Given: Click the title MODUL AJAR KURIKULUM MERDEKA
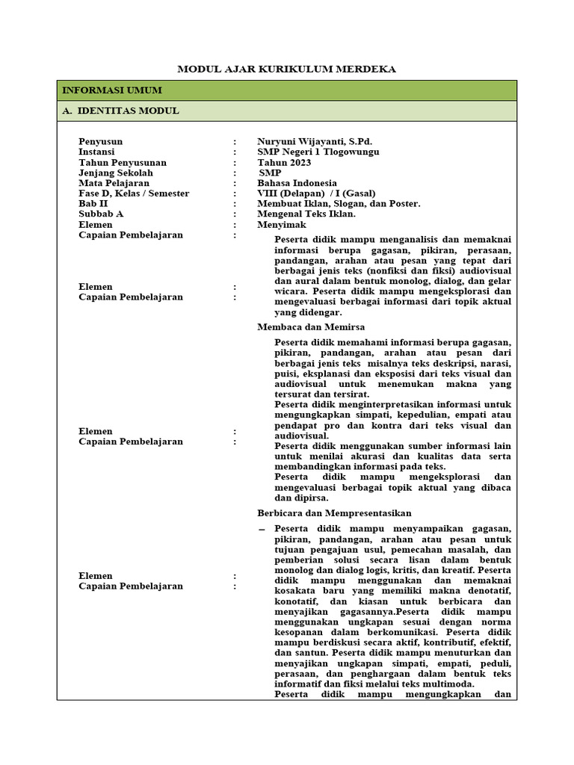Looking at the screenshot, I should tap(286, 69).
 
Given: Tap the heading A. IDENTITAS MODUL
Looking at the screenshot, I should tap(120, 111).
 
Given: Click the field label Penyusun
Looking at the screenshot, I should tap(101, 141).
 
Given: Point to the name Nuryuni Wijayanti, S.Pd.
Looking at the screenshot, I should tap(315, 141).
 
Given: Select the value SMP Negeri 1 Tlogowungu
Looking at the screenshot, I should tap(318, 152).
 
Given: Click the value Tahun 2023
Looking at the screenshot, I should tap(284, 162).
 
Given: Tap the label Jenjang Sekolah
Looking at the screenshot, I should tap(116, 173).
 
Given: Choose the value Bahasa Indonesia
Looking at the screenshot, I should tap(297, 183).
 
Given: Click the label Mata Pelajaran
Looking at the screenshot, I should tap(114, 183).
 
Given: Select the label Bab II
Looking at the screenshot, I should tap(93, 204).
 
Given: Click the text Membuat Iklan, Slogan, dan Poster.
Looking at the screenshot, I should tap(339, 204).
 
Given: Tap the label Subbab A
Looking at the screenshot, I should tap(101, 214).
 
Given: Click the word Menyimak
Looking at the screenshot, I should tap(281, 225).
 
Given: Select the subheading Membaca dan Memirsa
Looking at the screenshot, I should tap(311, 327).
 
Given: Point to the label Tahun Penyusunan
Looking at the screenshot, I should tap(123, 162).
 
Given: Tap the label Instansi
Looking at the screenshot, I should tap(96, 152).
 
